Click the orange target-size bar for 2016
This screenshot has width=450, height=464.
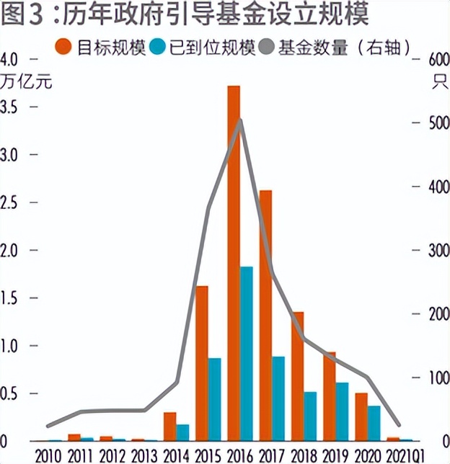[233, 263]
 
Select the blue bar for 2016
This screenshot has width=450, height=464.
[247, 353]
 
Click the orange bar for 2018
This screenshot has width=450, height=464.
[297, 375]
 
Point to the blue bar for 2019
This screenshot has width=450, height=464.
[343, 411]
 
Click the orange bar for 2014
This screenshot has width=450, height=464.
[169, 426]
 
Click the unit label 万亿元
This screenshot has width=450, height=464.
[27, 81]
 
